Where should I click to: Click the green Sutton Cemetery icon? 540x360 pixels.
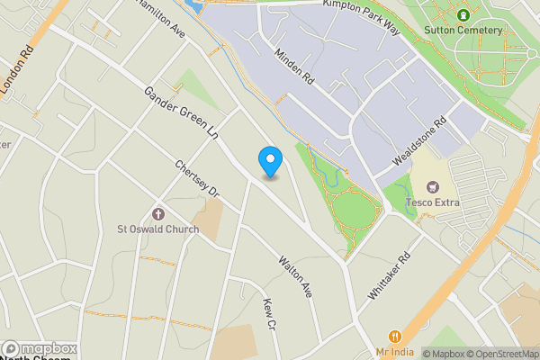[463, 14]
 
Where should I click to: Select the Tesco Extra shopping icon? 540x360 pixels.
[433, 187]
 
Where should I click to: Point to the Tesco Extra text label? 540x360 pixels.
[433, 202]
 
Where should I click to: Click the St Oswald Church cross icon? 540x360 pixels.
[159, 214]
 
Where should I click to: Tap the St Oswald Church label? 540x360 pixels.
[158, 229]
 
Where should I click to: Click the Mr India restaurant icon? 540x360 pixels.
[392, 337]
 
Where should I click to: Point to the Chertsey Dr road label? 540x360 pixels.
[198, 179]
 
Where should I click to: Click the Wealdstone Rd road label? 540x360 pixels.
[419, 143]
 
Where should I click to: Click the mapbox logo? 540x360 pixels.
[40, 348]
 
